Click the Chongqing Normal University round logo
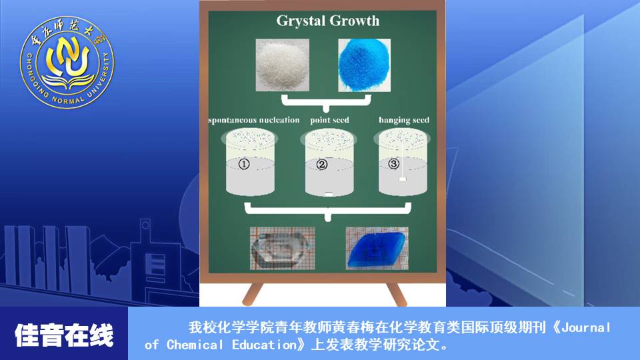coord(67,62)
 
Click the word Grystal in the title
coord(301,21)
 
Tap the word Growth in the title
coord(354,21)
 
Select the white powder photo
coord(282,65)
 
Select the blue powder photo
coord(364,65)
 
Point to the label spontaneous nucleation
coord(253,120)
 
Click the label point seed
coord(329,120)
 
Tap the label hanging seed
coord(404,120)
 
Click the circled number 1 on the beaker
coord(244,164)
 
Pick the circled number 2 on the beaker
coord(322,165)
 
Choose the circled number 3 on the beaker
coord(393,164)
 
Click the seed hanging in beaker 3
coord(403,179)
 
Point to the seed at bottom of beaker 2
coord(329,194)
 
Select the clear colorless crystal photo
coord(282,248)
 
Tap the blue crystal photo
coord(377,248)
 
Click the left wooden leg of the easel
coord(253,294)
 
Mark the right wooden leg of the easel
coord(396,294)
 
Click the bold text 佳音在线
coord(64,335)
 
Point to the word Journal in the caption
coord(586,327)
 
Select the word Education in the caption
coord(265,345)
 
